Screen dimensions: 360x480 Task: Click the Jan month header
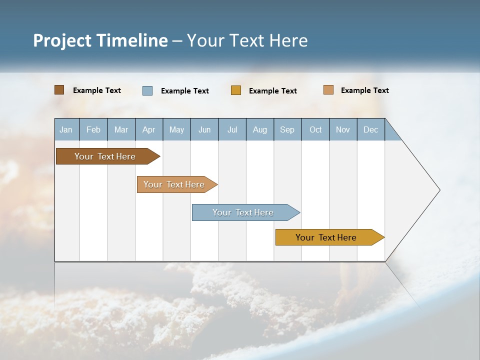[66, 129]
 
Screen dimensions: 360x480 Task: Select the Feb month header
[93, 129]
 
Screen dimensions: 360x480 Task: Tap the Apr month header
[148, 129]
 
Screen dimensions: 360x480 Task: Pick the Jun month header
[204, 129]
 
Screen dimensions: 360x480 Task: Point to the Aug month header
[259, 129]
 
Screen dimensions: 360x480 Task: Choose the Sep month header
[287, 129]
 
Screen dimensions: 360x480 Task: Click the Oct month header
[315, 129]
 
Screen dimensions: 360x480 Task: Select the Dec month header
[370, 129]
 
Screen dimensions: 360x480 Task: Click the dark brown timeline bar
[105, 156]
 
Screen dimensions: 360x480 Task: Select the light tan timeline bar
[174, 184]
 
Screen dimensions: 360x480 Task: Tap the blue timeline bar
[243, 212]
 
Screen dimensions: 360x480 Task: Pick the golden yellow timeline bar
[326, 237]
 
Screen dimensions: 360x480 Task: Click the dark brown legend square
[59, 90]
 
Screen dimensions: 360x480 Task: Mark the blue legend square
[147, 90]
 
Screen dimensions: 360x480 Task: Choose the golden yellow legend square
[236, 90]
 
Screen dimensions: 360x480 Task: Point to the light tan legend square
[328, 90]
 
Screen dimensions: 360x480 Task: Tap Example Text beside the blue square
[184, 91]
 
